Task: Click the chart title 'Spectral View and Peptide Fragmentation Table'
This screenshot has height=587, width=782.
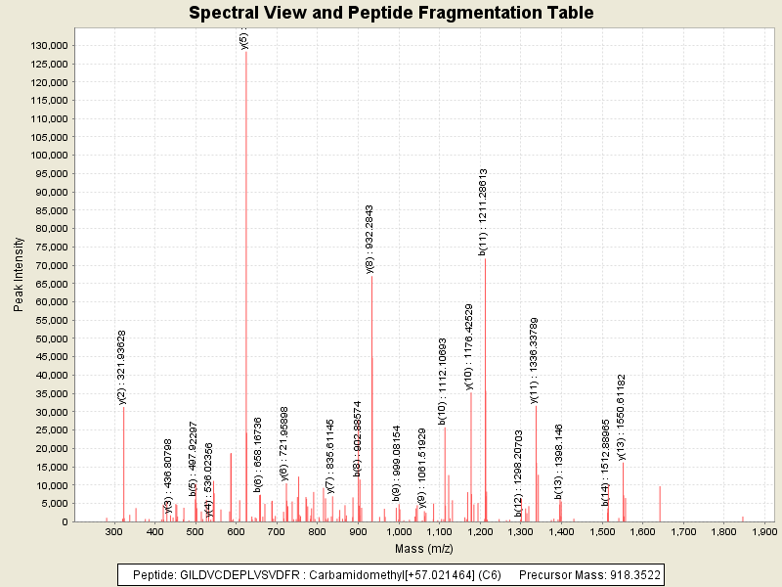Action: [391, 14]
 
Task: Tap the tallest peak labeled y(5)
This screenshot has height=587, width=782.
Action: [246, 284]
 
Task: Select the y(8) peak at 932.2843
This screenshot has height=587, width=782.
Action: [371, 391]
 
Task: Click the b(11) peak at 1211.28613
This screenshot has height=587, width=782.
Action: [485, 391]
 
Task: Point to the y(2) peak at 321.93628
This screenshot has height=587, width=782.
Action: [123, 460]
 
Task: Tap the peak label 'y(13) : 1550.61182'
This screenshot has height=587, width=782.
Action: [622, 416]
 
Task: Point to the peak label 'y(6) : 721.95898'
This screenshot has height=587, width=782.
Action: [284, 430]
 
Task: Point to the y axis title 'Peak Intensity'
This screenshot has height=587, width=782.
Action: [19, 279]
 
